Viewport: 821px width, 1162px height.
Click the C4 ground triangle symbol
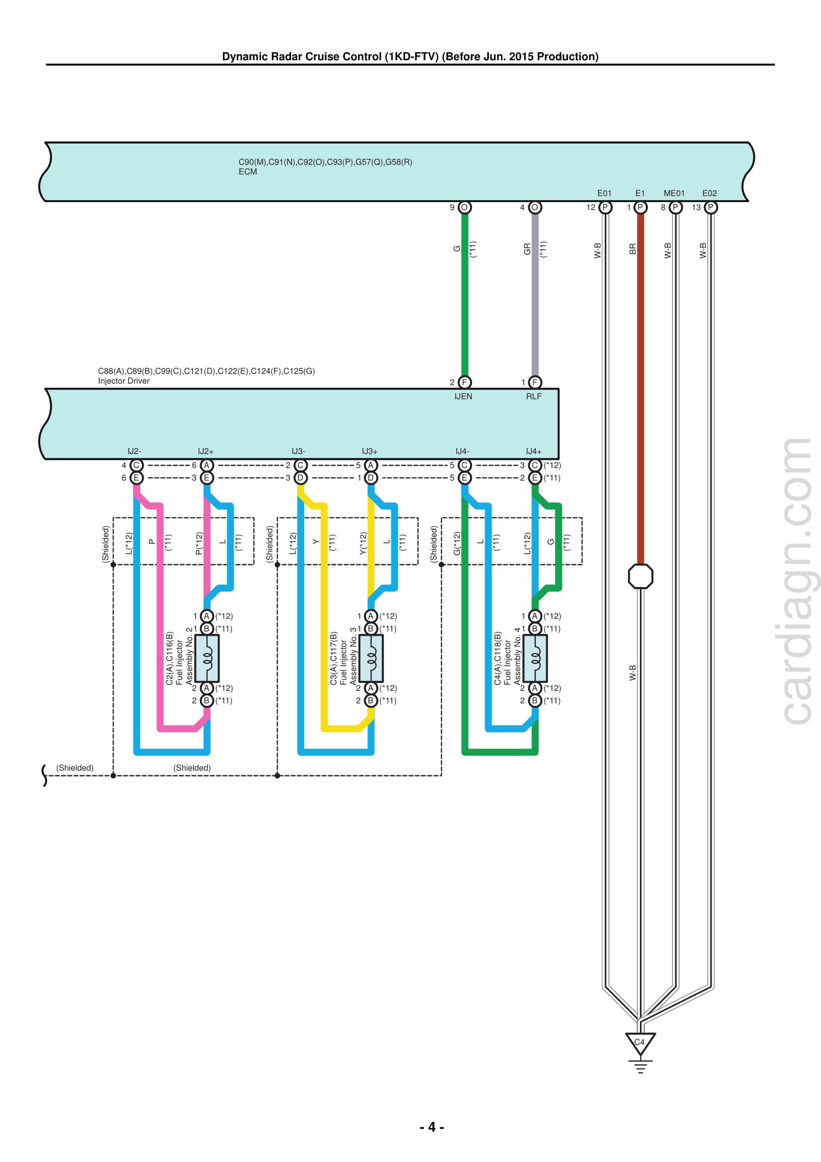click(640, 1043)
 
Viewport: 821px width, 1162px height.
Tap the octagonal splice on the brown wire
click(641, 576)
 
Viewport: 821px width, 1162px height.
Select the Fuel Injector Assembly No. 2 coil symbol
click(207, 658)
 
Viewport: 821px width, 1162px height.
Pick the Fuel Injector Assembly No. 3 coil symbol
click(371, 658)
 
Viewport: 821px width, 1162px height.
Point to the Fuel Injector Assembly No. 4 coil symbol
click(535, 658)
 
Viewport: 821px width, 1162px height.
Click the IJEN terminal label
click(464, 396)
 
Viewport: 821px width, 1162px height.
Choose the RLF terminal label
click(534, 396)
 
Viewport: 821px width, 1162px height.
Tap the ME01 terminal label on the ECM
click(674, 193)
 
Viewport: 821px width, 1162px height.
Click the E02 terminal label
click(710, 193)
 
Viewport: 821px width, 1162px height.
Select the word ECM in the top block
click(248, 171)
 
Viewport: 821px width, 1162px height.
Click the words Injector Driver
click(124, 381)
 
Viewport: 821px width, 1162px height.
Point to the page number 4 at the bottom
click(432, 1127)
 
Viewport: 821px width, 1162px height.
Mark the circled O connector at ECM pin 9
click(465, 207)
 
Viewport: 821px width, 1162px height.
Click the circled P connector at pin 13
click(710, 207)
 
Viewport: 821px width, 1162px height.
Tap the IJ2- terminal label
click(134, 451)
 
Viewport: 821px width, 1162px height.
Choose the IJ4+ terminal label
click(534, 451)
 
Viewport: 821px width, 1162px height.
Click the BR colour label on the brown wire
click(633, 249)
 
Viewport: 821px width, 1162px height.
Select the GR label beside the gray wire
click(527, 249)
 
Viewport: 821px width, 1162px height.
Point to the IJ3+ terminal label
click(370, 451)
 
